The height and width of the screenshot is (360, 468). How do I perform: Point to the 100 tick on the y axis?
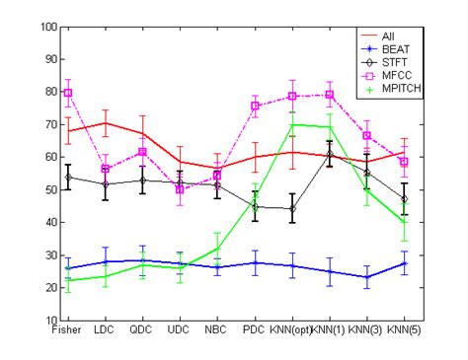(x=46, y=27)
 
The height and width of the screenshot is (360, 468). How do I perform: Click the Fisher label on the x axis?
(x=67, y=331)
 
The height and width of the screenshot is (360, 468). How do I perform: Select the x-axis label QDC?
(x=142, y=331)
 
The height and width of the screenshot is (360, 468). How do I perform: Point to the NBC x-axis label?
(x=217, y=331)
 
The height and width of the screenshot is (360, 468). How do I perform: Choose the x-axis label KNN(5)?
(x=404, y=331)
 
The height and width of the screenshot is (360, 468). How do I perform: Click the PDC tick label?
(x=255, y=331)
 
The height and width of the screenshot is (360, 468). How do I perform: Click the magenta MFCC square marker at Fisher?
(x=67, y=93)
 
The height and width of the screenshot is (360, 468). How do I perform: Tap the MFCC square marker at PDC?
(x=255, y=106)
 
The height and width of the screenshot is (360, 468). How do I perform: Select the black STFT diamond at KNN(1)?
(x=330, y=155)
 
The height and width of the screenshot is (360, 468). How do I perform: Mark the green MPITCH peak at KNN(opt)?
(x=292, y=125)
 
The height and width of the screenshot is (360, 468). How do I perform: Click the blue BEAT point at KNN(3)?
(x=366, y=277)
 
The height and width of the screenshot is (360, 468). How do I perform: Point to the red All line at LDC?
(x=105, y=123)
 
